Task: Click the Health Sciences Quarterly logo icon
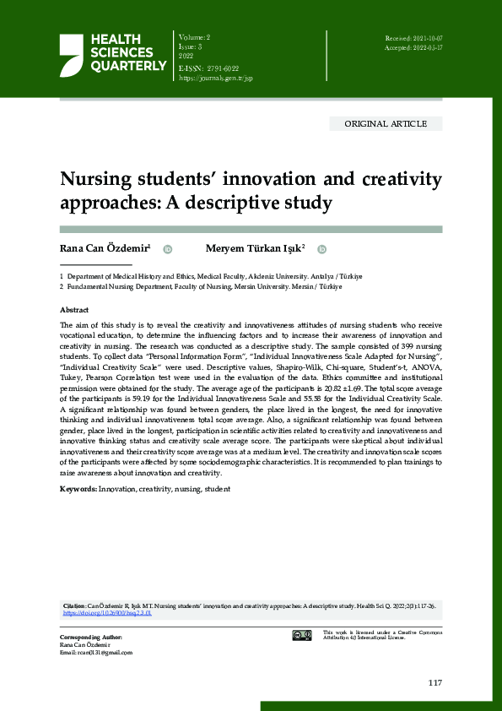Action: point(71,54)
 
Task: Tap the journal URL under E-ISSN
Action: point(215,78)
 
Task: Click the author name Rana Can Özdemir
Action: point(105,249)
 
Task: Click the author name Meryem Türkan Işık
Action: point(255,249)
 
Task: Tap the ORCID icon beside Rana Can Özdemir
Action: point(167,249)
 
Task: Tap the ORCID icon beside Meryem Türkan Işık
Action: point(321,249)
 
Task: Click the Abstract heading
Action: point(75,310)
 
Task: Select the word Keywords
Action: point(78,489)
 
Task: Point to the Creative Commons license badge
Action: point(302,635)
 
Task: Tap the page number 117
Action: point(435,682)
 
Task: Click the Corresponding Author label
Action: point(90,637)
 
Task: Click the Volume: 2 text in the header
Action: point(195,39)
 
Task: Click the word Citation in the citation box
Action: point(74,606)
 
